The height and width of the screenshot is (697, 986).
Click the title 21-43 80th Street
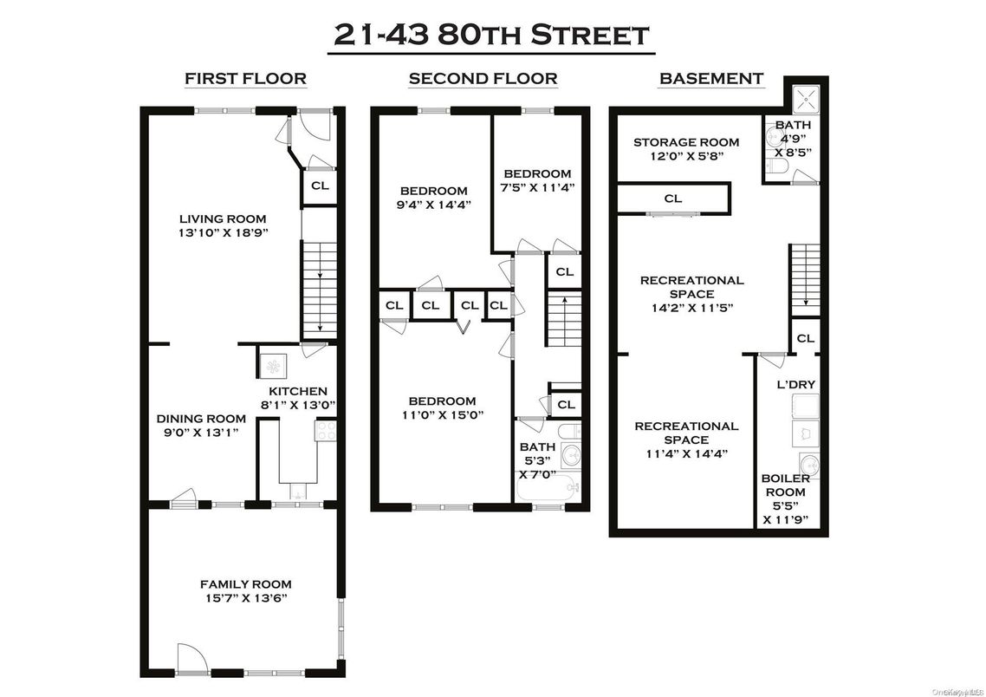[x=491, y=35]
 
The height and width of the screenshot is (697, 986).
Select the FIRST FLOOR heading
[x=245, y=79]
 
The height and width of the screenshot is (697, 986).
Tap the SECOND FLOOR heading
[x=483, y=79]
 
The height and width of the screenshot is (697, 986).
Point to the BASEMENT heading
[x=711, y=79]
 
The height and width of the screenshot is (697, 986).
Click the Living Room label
[x=223, y=218]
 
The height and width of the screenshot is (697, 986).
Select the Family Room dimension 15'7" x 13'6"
[x=245, y=598]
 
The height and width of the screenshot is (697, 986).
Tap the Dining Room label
[x=201, y=419]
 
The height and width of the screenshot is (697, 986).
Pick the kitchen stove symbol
[x=326, y=432]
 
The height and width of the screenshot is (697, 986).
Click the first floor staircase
[x=318, y=289]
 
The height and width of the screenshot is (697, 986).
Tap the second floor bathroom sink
[x=569, y=453]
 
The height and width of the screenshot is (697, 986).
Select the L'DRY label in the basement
[x=795, y=384]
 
